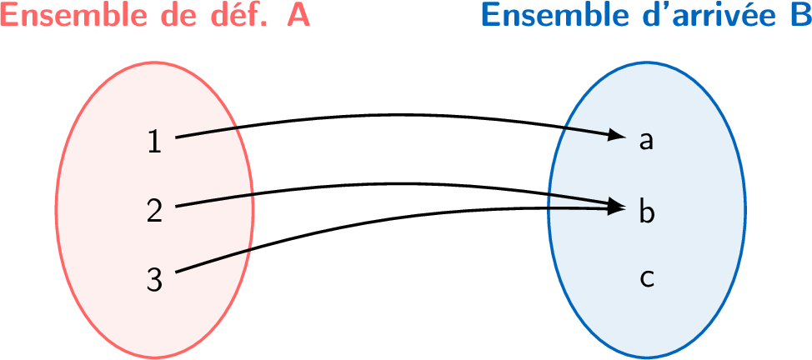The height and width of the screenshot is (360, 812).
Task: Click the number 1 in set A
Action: (154, 142)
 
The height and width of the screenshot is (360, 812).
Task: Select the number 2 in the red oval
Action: (154, 211)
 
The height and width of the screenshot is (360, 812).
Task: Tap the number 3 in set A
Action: (154, 279)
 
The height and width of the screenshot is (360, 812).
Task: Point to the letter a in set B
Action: (645, 142)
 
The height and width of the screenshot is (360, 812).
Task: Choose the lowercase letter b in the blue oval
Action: (646, 211)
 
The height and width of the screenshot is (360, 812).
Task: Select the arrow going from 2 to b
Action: (375, 183)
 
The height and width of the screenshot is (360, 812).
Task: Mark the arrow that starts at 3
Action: (375, 219)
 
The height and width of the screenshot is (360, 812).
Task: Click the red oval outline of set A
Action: (57, 208)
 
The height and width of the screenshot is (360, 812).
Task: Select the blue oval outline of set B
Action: (744, 208)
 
